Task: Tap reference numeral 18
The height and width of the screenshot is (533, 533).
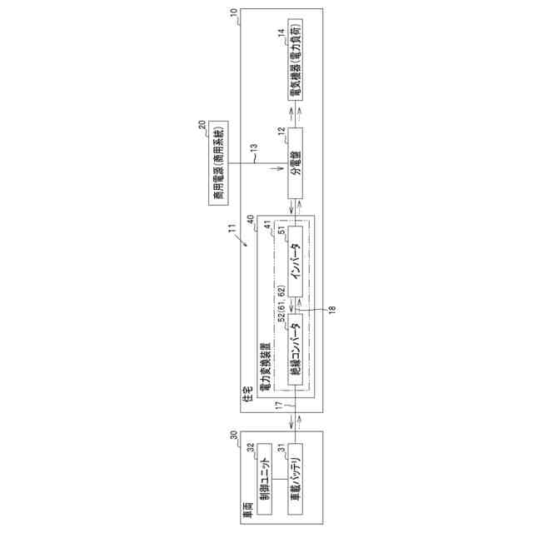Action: tap(331, 308)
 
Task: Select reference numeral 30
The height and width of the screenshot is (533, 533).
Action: tap(234, 434)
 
